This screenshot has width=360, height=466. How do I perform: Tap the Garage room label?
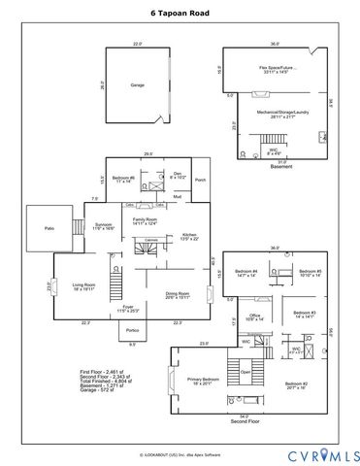(138, 85)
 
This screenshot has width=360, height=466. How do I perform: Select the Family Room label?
(145, 222)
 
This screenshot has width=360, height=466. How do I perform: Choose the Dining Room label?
(177, 295)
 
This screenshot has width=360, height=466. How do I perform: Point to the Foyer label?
(128, 309)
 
